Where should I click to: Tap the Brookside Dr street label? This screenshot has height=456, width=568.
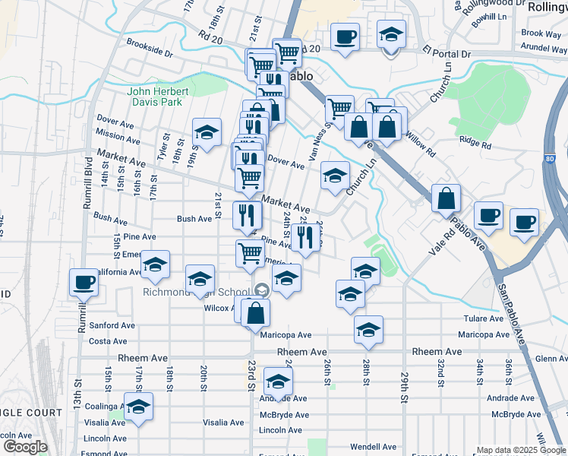coord(150,43)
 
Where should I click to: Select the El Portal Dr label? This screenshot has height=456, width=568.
coord(447,55)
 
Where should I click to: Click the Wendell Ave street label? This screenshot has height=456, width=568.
coord(374,447)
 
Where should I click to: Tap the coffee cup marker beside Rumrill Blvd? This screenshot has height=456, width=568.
coord(84,283)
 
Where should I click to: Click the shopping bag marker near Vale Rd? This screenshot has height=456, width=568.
coord(446,199)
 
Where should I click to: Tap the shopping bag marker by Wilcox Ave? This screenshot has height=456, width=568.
coord(256,312)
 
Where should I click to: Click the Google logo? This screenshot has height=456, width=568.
coord(25,448)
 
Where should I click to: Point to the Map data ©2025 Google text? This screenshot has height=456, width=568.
coord(521,450)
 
